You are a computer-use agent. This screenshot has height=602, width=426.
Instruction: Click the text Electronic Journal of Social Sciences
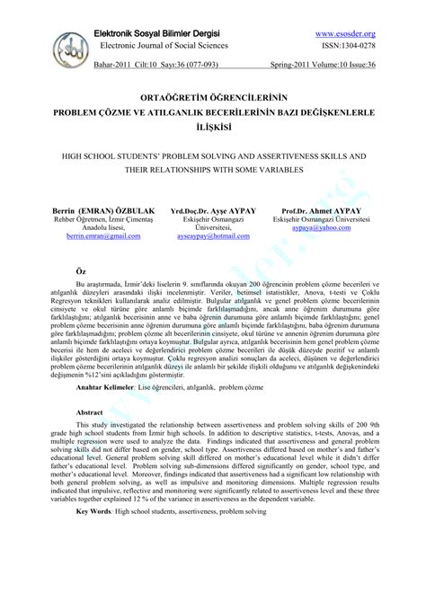point(164,46)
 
